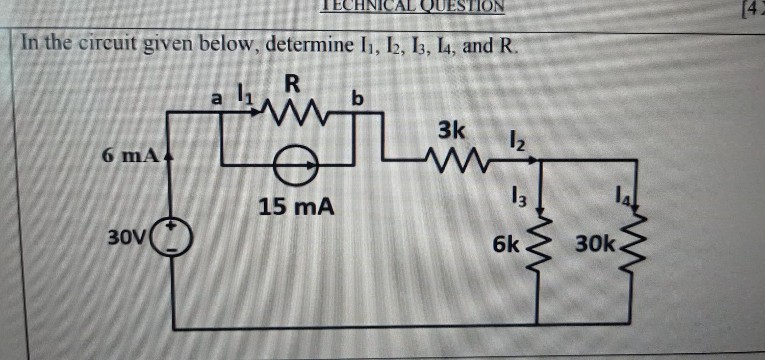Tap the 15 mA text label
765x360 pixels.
[x=296, y=207]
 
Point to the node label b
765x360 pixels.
[x=359, y=99]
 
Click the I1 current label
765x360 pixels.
[x=245, y=94]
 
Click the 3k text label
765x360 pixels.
[x=451, y=132]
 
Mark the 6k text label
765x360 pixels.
[x=506, y=246]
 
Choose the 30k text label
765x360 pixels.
[x=595, y=246]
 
